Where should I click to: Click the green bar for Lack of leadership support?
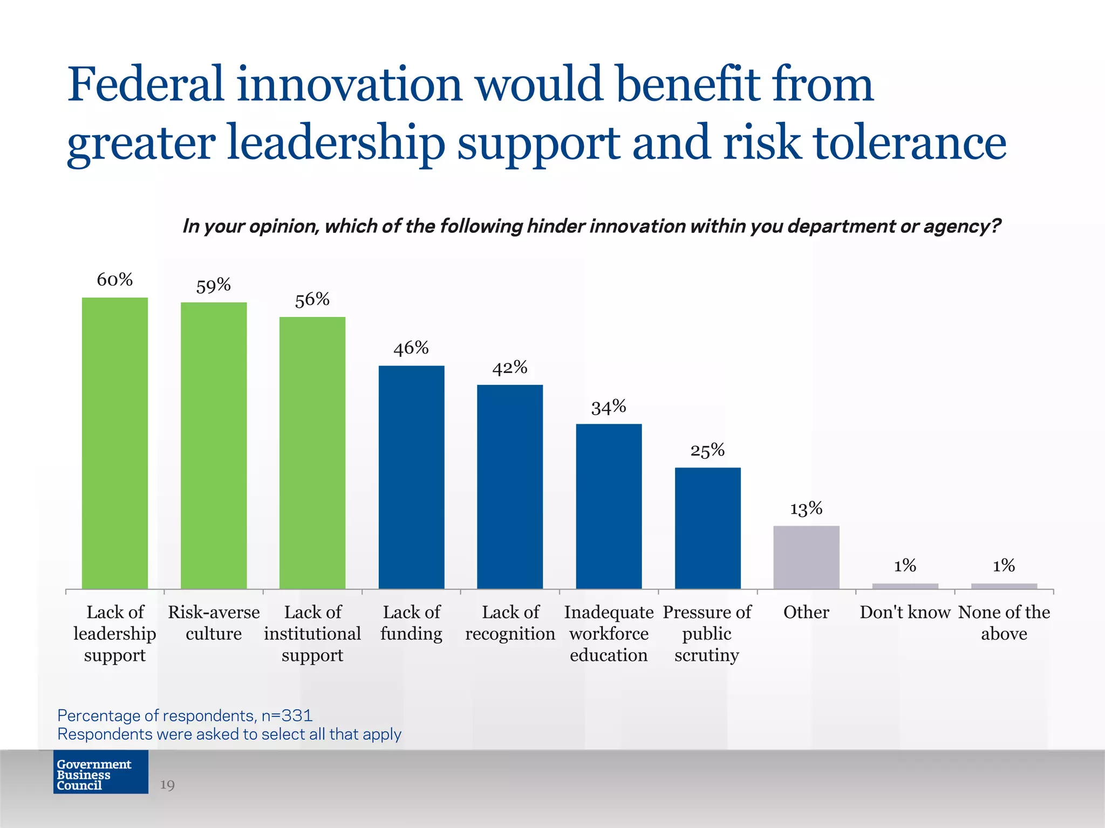(x=115, y=442)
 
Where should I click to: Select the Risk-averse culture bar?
(x=214, y=445)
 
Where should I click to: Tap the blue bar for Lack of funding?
(x=411, y=477)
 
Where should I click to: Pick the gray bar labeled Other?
(x=806, y=557)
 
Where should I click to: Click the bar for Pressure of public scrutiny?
(x=707, y=528)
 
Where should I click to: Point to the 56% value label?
(x=312, y=299)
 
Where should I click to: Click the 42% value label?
(x=509, y=368)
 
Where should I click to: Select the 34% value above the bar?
(x=609, y=407)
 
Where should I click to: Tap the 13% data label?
(x=806, y=508)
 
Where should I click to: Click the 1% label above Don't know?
(x=905, y=565)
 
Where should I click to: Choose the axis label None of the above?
(x=1004, y=623)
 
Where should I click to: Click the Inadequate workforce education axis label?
(x=609, y=633)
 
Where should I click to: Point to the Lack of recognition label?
(x=510, y=623)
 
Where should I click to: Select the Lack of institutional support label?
(x=312, y=633)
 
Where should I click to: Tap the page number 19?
(x=167, y=785)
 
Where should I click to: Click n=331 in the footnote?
(x=287, y=715)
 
